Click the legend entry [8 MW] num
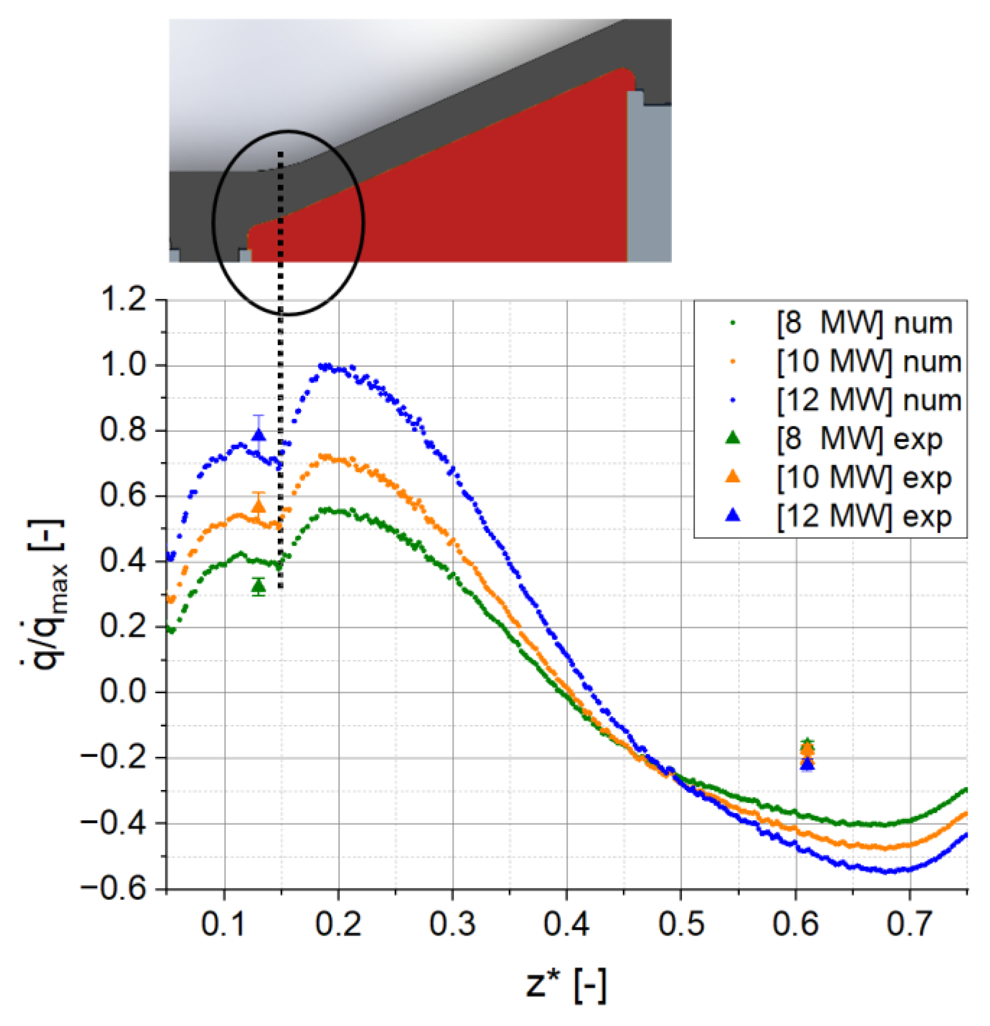pos(864,324)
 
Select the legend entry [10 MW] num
pos(868,362)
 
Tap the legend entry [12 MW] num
pos(868,400)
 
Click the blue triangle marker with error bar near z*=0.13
pos(259,435)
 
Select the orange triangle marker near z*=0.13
pos(259,506)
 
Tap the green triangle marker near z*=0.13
pos(259,587)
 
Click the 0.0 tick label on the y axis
pos(124,692)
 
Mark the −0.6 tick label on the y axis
pos(113,888)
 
